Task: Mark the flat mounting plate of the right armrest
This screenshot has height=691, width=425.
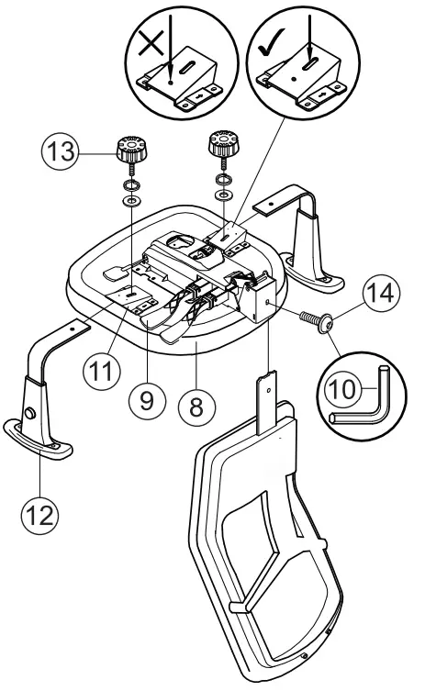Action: pos(277,203)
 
